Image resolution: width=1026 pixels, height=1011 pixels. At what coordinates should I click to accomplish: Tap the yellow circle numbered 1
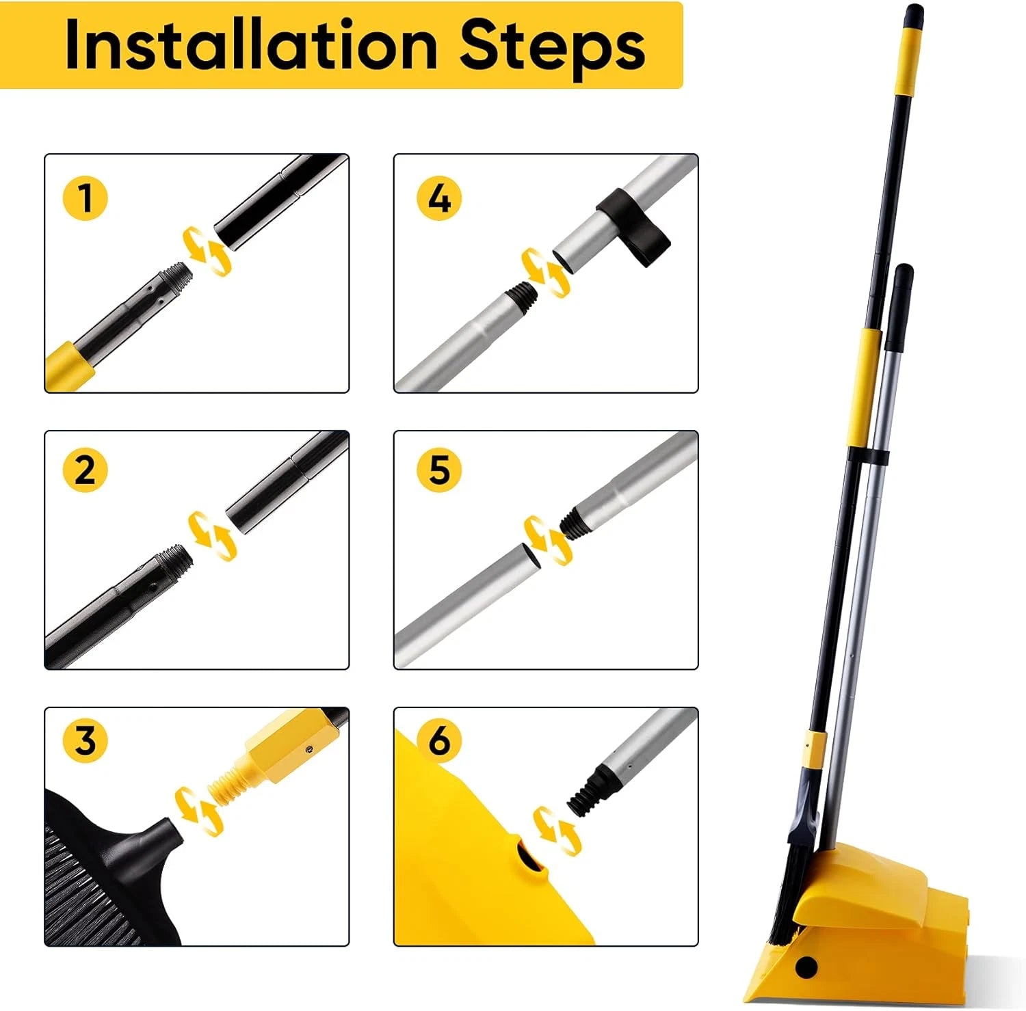pos(85,198)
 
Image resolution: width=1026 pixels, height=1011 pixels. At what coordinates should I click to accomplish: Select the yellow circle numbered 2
pos(85,470)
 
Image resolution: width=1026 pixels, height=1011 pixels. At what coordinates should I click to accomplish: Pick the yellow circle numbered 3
pos(85,740)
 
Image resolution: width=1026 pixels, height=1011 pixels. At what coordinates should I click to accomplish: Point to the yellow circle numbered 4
pos(439,198)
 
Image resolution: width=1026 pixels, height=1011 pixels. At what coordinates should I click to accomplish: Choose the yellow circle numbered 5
pos(439,470)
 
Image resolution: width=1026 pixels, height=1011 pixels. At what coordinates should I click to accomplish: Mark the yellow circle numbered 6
pos(439,740)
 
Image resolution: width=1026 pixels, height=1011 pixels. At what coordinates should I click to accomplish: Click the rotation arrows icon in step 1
pos(205,252)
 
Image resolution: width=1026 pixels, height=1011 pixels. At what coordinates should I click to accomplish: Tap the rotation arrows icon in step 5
pos(547,540)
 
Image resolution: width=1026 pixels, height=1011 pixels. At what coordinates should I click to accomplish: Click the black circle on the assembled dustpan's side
pos(807,967)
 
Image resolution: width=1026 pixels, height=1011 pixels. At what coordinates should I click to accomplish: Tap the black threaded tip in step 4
pos(520,295)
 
